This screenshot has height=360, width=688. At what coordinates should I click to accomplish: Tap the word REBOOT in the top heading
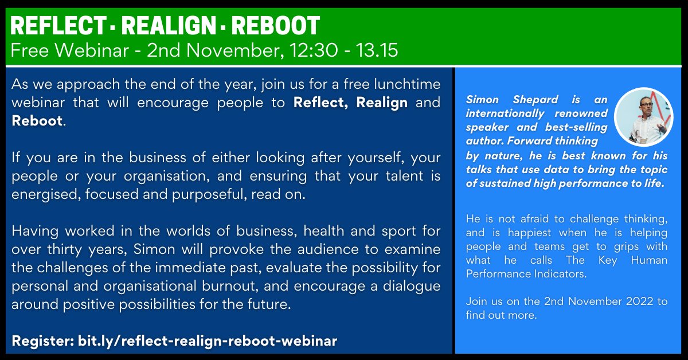coord(275,26)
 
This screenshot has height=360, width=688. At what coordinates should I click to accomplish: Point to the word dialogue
coord(411,286)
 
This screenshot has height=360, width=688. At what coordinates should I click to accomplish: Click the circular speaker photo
coord(643,117)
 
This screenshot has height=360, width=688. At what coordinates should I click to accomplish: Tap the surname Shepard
coord(531,99)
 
